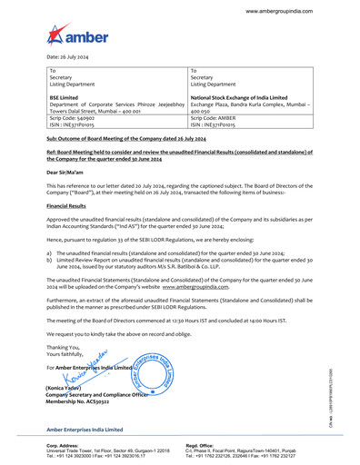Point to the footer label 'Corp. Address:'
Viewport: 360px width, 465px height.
[64, 445]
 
